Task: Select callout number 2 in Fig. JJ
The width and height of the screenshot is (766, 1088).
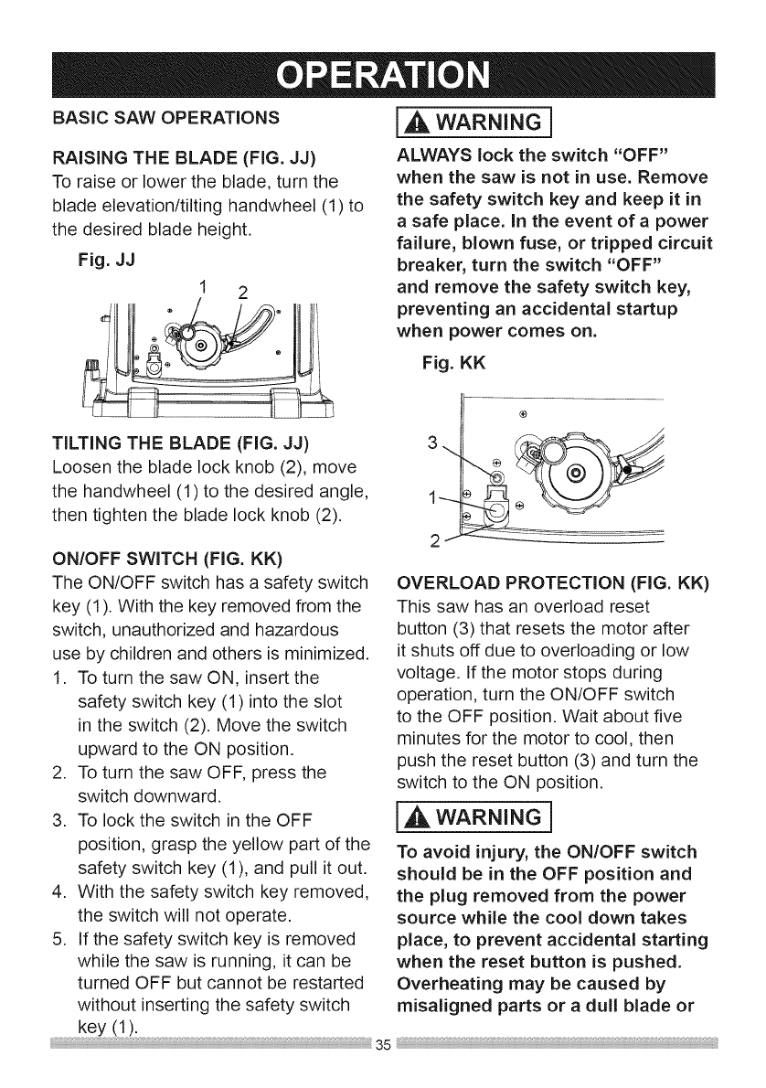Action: tap(242, 293)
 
